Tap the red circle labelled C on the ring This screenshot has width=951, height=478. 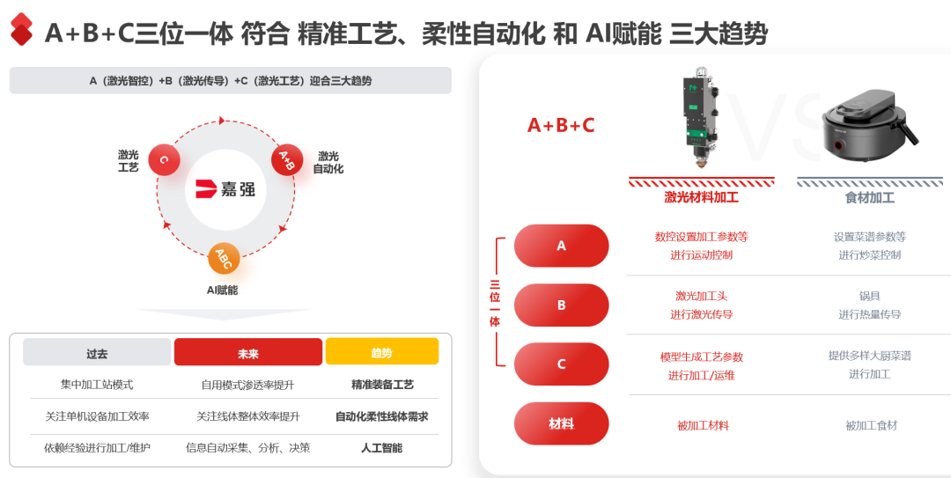click(165, 160)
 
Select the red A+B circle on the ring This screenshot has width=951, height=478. click(287, 160)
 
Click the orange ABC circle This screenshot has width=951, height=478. click(224, 259)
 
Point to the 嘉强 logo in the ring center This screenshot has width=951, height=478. click(225, 189)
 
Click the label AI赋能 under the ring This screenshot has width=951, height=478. click(222, 290)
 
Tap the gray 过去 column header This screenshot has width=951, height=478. click(97, 352)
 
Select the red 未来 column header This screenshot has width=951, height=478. click(248, 352)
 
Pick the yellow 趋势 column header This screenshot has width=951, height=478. click(382, 352)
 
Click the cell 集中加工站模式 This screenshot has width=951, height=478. click(97, 385)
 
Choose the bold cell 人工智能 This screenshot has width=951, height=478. click(381, 448)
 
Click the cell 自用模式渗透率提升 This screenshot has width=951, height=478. click(248, 385)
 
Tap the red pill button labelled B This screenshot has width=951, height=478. click(561, 305)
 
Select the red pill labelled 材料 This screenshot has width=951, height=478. click(561, 424)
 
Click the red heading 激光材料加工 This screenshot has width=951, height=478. click(701, 198)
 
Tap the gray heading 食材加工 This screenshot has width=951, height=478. click(870, 198)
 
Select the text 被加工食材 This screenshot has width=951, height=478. click(871, 426)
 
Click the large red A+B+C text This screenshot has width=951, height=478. click(561, 125)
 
